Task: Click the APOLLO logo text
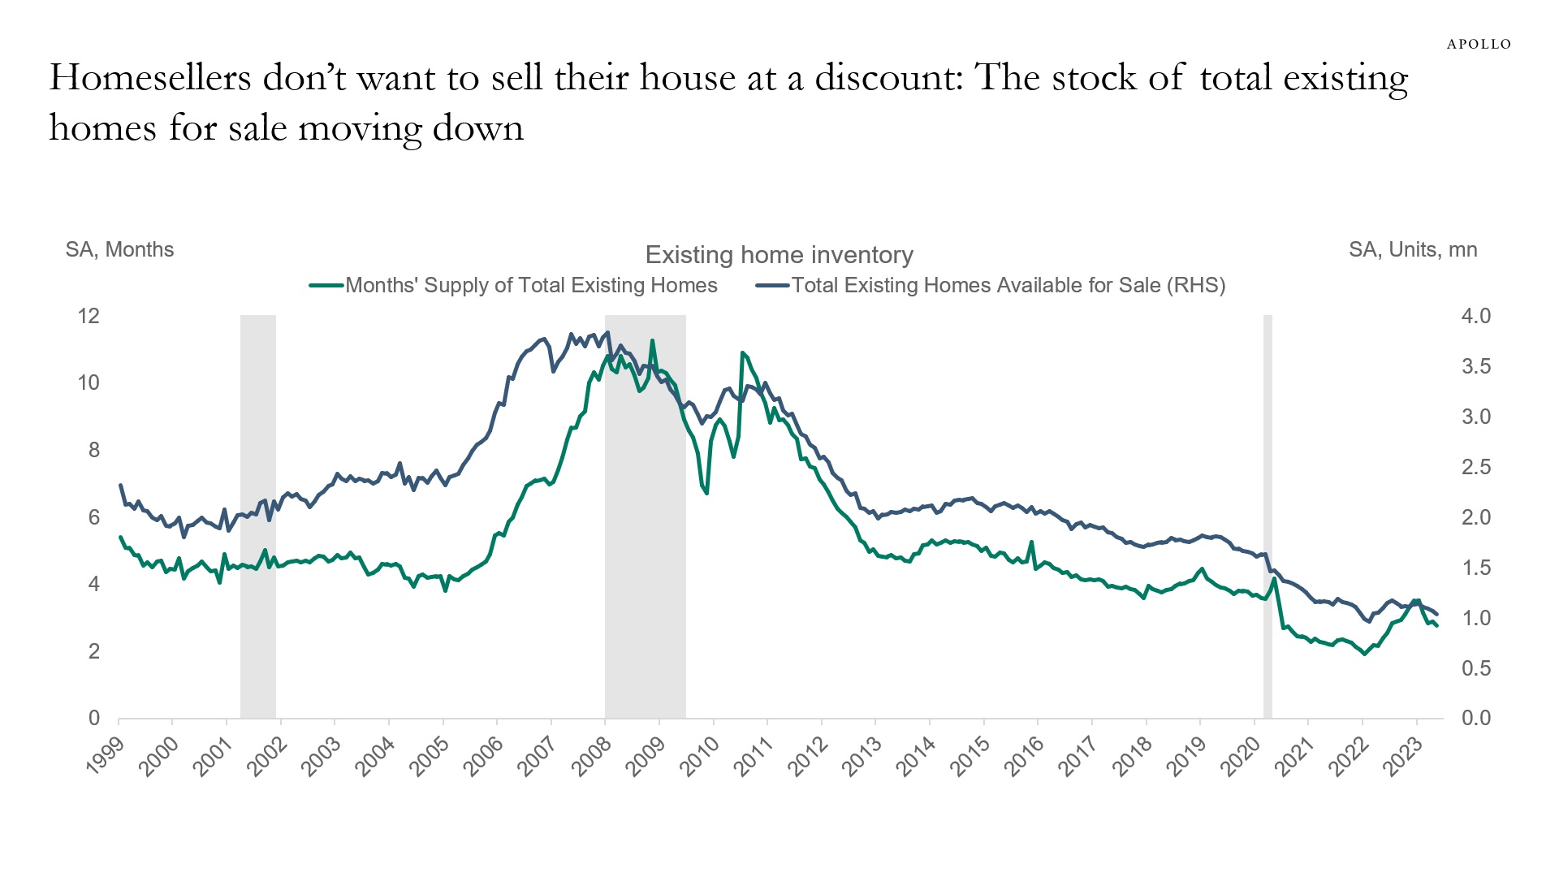[x=1479, y=44]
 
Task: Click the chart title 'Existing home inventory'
[x=779, y=255]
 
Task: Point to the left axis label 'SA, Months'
[x=119, y=249]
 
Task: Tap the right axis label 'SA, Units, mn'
[x=1413, y=249]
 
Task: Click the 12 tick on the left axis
[x=89, y=316]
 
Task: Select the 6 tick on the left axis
[x=93, y=517]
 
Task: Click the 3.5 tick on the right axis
[x=1475, y=366]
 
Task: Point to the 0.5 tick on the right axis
[x=1475, y=668]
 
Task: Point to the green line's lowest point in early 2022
[x=1365, y=654]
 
